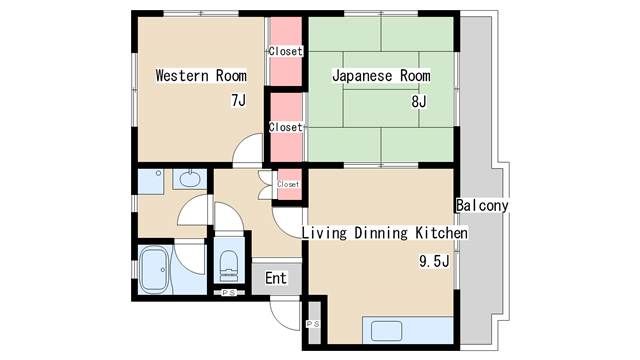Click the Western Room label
201,76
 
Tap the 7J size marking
239,100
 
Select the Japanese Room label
381,76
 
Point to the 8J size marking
419,102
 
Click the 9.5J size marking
434,261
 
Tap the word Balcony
482,205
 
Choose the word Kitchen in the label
442,233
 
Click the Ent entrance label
276,278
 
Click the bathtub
154,269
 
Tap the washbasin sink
190,179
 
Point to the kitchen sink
387,331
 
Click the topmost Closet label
286,51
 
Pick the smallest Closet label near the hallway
288,184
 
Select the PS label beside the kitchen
313,324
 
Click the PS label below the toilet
229,293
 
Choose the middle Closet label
286,127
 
